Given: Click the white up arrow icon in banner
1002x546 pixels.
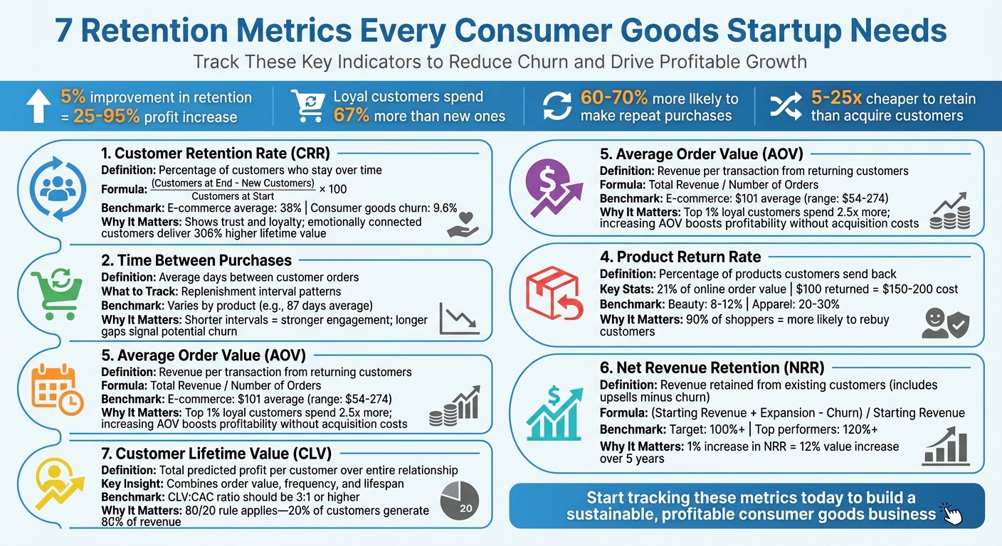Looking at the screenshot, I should pyautogui.click(x=38, y=107).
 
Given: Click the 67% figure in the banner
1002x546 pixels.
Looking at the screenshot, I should pyautogui.click(x=351, y=116).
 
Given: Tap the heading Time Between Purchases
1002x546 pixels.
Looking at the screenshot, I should pyautogui.click(x=196, y=260).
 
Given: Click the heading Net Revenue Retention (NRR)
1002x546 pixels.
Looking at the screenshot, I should pyautogui.click(x=712, y=368).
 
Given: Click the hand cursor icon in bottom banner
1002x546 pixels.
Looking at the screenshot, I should pyautogui.click(x=951, y=513).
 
